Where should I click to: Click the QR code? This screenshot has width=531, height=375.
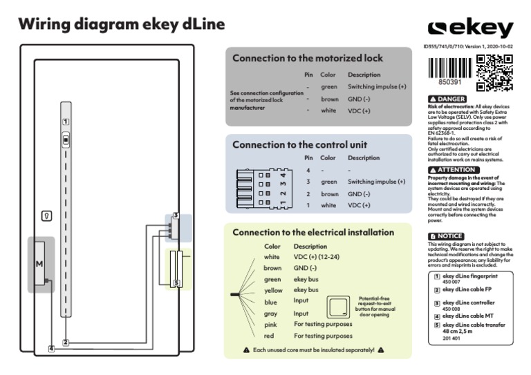[x=495, y=73]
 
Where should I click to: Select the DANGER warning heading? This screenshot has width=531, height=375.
[x=447, y=99]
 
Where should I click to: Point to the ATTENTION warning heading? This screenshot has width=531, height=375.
[x=452, y=169]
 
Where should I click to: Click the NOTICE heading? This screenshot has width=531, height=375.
[x=446, y=236]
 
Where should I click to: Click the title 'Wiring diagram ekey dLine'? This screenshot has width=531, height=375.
[x=122, y=25]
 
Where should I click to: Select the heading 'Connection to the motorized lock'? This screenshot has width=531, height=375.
[x=307, y=59]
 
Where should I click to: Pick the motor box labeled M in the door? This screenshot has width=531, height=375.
[x=39, y=265]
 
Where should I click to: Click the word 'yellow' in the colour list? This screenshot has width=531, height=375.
[x=273, y=291]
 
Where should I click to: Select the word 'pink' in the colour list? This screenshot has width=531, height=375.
[x=270, y=324]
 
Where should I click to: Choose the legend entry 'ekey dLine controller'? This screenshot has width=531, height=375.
[x=469, y=302]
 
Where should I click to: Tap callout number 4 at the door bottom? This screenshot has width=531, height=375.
[x=51, y=349]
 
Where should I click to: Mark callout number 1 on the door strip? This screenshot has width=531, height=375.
[x=65, y=121]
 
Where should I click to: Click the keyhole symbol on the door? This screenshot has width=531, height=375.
[x=46, y=216]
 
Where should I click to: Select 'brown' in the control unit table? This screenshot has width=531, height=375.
[x=329, y=195]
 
